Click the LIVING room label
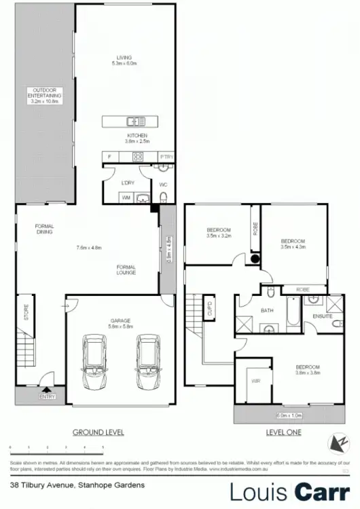123,58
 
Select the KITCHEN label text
137,136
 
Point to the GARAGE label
120,320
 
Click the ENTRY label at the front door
48,396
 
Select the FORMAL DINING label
45,229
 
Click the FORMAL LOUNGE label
126,269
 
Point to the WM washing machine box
126,197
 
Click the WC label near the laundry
163,184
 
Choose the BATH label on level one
268,312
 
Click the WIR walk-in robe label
256,382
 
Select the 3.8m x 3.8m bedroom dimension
307,373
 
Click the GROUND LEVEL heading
98,432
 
